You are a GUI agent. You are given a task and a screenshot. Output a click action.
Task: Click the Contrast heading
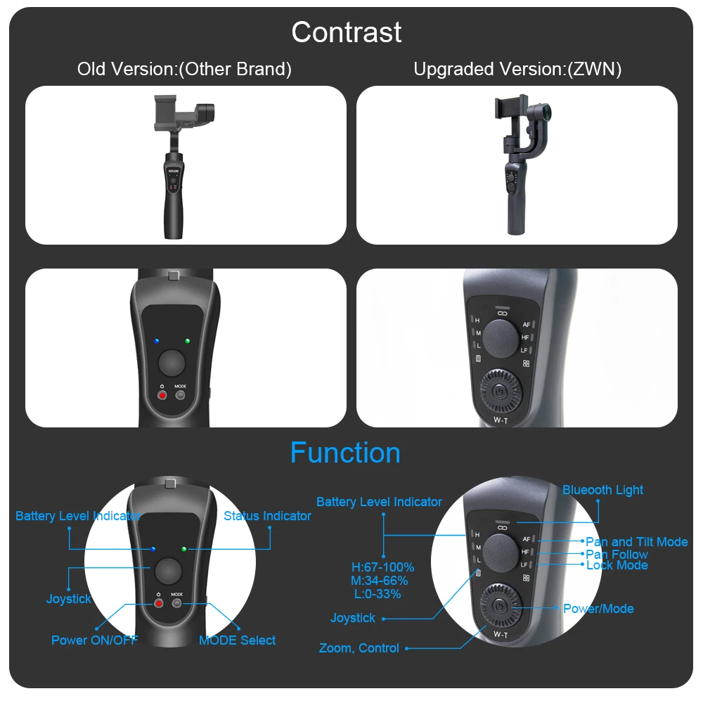tap(347, 32)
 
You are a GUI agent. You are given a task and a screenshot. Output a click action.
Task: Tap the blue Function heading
tap(345, 453)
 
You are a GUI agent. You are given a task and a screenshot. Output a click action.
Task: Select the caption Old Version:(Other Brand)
tap(184, 69)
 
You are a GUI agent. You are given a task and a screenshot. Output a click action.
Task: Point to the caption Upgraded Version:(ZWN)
tap(517, 69)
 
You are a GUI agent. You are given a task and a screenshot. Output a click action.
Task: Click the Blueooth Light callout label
tap(602, 490)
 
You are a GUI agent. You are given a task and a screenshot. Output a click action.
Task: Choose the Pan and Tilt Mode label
tap(637, 542)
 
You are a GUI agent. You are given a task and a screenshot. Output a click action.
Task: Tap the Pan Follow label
tap(617, 555)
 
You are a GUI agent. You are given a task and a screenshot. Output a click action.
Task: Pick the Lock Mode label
tap(617, 565)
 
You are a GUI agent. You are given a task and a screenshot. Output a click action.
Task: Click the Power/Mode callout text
tap(598, 609)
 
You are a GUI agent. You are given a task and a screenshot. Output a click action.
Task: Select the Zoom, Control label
tap(359, 648)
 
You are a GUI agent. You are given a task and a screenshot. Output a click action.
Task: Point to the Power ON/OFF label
tap(95, 640)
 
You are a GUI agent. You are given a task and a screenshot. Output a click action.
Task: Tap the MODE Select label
tap(237, 640)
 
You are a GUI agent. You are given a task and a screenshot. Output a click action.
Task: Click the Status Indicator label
tap(267, 516)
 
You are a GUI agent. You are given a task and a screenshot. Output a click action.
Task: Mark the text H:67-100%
tap(383, 567)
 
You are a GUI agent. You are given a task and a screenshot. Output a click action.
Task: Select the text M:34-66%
tap(380, 581)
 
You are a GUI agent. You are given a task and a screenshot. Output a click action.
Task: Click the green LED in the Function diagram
tap(184, 549)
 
